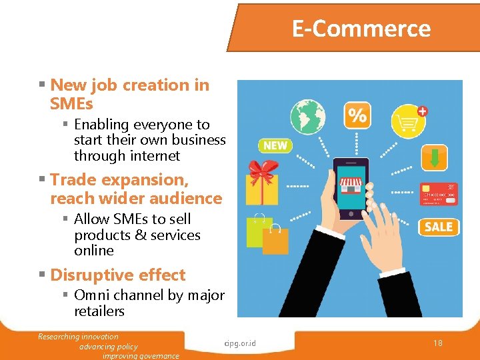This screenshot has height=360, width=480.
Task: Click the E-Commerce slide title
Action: pyautogui.click(x=361, y=29)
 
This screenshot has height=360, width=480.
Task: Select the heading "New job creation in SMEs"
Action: pyautogui.click(x=129, y=94)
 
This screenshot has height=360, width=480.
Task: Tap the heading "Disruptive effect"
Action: pyautogui.click(x=117, y=275)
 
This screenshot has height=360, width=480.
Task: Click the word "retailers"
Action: pyautogui.click(x=99, y=311)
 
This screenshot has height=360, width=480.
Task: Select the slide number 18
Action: pyautogui.click(x=437, y=343)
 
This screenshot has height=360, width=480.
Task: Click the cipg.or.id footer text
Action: pyautogui.click(x=241, y=343)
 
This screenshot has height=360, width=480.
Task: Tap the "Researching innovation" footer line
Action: pyautogui.click(x=78, y=337)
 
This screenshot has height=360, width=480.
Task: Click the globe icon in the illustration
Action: pyautogui.click(x=307, y=117)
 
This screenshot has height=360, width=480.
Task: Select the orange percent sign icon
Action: pyautogui.click(x=358, y=116)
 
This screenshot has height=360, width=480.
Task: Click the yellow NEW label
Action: pyautogui.click(x=275, y=145)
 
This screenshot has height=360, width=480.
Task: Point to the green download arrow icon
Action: pyautogui.click(x=435, y=158)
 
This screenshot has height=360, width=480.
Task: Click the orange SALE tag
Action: pyautogui.click(x=438, y=227)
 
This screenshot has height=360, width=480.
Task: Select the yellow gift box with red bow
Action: pyautogui.click(x=262, y=183)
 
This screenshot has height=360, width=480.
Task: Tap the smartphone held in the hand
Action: pyautogui.click(x=350, y=188)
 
